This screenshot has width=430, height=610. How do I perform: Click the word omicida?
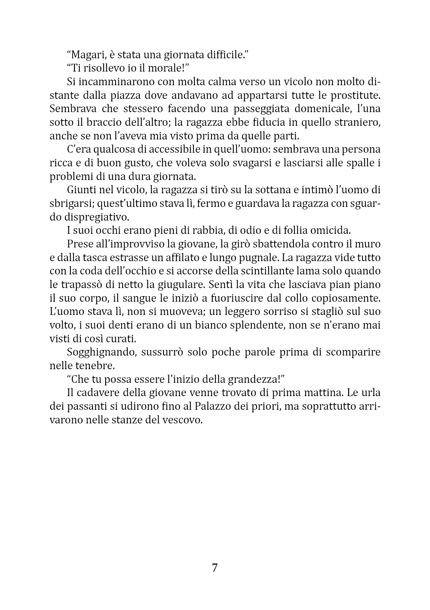(331, 231)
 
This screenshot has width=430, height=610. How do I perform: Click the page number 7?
(215, 568)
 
